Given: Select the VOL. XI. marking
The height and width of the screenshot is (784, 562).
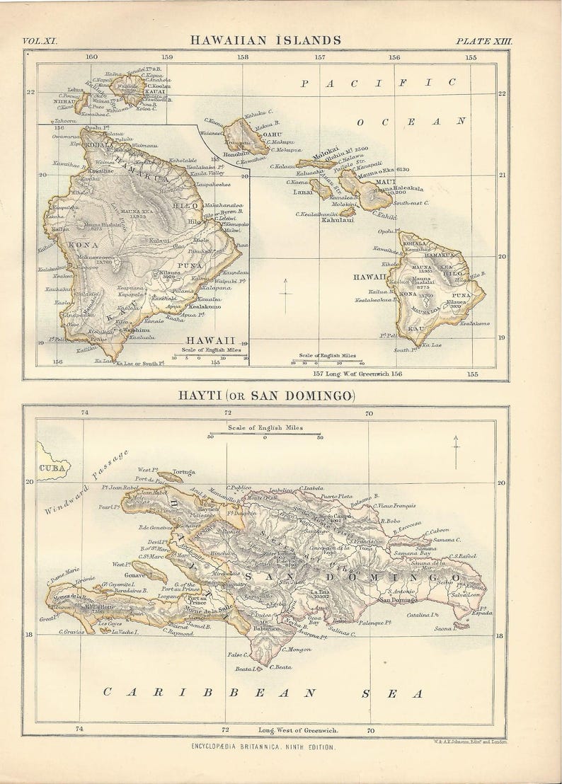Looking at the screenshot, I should click(40, 41).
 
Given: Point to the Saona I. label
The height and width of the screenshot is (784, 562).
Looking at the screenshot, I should click(442, 628).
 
